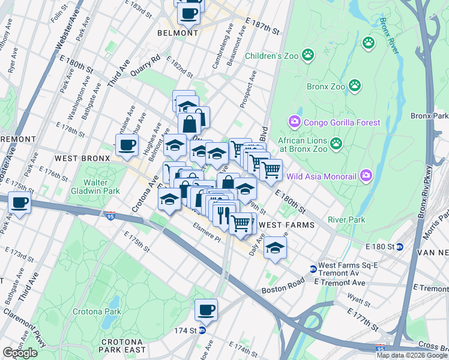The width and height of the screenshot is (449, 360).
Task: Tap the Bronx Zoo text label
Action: click(326, 86)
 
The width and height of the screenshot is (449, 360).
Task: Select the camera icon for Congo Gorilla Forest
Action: click(294, 122)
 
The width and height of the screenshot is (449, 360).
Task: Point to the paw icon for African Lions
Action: click(336, 143)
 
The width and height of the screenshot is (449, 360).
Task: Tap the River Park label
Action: click(346, 220)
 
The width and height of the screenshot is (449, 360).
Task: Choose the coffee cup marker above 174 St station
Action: click(206, 310)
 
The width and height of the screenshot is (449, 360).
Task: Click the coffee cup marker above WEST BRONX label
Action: click(127, 145)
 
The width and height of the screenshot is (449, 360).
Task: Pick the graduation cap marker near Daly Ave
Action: click(275, 248)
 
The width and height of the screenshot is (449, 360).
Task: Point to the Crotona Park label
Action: click(97, 311)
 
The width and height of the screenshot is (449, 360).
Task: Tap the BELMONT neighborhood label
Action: click(178, 33)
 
